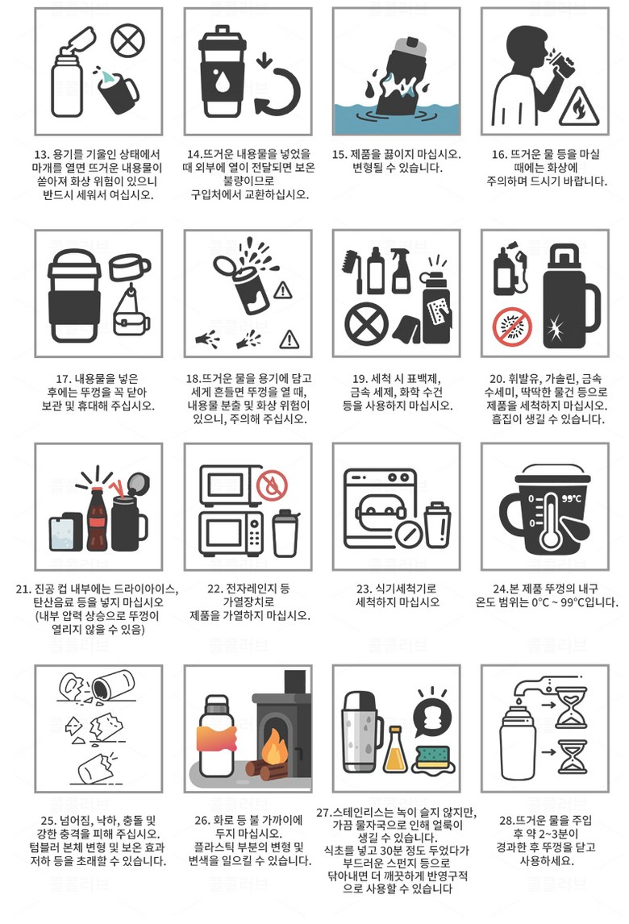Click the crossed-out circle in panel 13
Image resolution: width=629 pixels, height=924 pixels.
coord(128,40)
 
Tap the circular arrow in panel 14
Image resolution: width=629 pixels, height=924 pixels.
coord(278,91)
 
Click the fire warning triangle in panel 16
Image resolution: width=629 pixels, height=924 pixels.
coord(579,106)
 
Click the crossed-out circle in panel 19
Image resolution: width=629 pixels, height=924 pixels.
coord(366,324)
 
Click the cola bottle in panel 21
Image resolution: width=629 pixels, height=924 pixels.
coord(98,518)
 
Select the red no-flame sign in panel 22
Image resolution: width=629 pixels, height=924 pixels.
coord(272,485)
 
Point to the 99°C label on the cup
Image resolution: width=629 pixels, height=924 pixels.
coord(571,498)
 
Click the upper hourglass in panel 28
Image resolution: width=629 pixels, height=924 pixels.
coord(572,706)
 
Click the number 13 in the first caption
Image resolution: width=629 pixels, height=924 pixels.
coord(41,154)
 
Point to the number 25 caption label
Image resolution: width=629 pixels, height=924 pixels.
coord(49,820)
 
